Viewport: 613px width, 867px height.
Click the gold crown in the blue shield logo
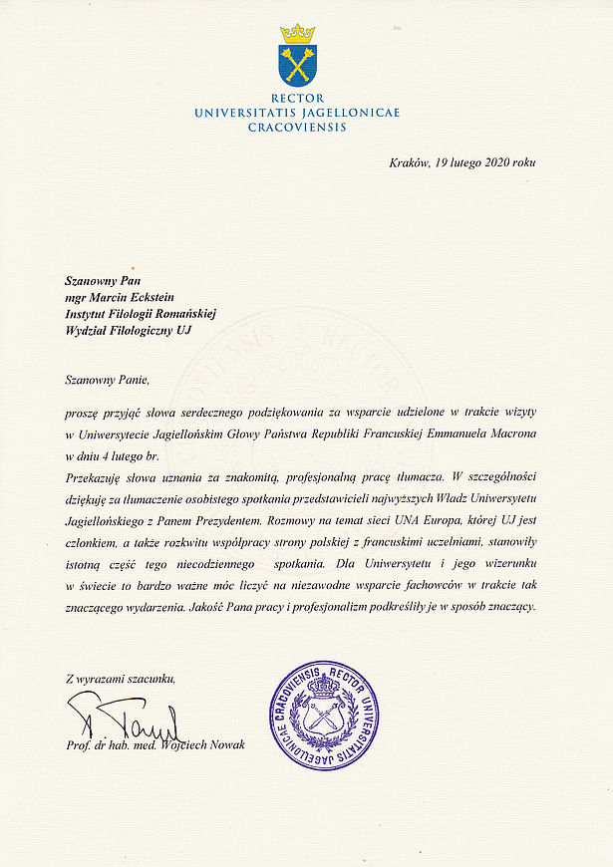coord(297,34)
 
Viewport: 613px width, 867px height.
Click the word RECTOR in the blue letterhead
coord(297,98)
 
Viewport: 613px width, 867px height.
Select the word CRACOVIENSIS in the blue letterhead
coord(297,128)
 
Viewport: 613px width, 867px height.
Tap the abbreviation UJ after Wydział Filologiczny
coord(182,329)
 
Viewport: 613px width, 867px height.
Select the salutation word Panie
coord(130,380)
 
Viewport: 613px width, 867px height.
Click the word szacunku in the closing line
coord(150,679)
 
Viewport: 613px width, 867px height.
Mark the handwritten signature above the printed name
coord(125,717)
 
